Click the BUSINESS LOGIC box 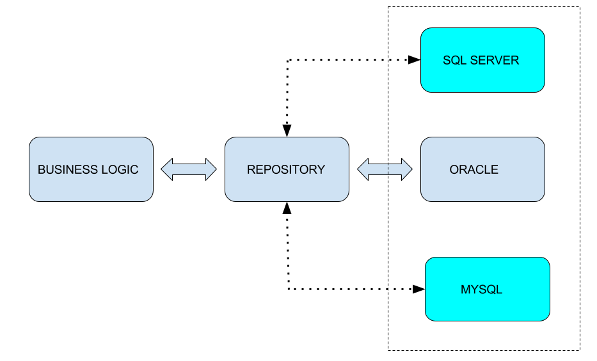coord(91,169)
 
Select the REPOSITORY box coord(287,169)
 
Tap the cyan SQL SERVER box coord(482,60)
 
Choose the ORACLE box coord(482,169)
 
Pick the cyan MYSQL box coord(488,289)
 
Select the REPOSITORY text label coord(286,170)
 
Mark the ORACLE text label coord(474,170)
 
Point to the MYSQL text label coord(481,289)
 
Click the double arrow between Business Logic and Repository coord(189,169)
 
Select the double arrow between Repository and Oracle coord(385,169)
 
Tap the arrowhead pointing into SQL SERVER coord(414,60)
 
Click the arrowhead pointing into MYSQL coord(419,289)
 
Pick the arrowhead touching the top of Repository coord(287,130)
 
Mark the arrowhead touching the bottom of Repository coord(287,208)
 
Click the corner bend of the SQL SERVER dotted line coord(288,60)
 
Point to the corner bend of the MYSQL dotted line coord(288,289)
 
